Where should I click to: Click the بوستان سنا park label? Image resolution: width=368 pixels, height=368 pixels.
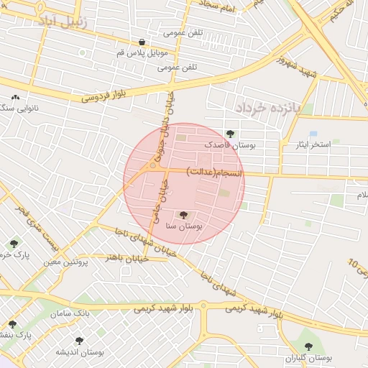pos(184,226)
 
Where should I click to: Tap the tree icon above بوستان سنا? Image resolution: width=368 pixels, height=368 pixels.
pos(184,214)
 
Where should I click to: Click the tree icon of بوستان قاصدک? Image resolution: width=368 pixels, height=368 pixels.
pos(230,133)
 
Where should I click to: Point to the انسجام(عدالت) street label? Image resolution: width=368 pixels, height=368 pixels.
pos(215,172)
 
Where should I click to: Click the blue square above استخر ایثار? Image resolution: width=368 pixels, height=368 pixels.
pos(313,134)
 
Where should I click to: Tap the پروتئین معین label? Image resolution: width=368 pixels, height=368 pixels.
pos(64,262)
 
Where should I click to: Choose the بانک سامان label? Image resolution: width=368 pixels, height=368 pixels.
pos(70,314)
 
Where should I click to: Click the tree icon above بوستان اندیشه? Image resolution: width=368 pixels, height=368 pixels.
pos(79,341)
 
